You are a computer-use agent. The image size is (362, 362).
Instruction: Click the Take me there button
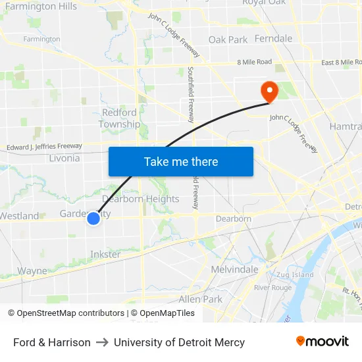point(181,161)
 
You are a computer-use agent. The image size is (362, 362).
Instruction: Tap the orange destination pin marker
point(269,91)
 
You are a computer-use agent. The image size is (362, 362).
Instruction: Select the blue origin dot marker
point(93,218)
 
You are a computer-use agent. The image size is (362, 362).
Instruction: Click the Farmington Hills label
point(40,7)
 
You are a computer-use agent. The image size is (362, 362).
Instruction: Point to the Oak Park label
point(228,39)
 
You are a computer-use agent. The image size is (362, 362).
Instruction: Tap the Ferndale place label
point(273,39)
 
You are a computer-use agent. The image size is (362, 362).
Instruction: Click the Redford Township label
point(119,118)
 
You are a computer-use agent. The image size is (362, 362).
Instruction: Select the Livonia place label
point(65,158)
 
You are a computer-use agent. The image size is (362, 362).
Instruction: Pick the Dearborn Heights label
point(141,199)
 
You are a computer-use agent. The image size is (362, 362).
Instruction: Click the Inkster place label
point(105,254)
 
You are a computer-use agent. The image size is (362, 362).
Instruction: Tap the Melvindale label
point(234,270)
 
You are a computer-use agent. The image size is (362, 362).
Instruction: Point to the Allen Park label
point(200,299)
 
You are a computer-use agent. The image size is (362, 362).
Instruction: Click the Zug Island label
point(295,274)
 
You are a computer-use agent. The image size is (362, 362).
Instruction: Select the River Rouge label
point(272,288)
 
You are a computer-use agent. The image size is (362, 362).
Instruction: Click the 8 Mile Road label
point(254,62)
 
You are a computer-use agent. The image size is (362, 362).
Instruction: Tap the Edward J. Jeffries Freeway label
point(45,146)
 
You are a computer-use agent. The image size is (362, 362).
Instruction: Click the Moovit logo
point(323,342)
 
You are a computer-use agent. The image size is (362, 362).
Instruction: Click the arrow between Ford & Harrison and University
point(102,342)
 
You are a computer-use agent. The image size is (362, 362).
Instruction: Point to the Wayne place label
point(32,271)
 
